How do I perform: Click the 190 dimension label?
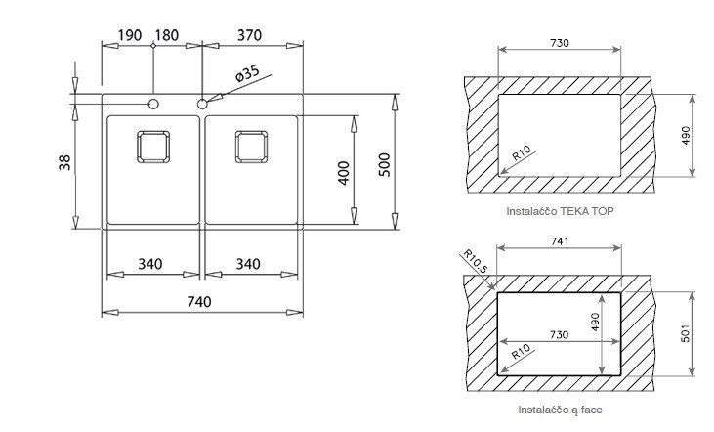tap(130, 35)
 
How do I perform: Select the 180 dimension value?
tap(167, 35)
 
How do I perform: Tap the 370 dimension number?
tap(249, 35)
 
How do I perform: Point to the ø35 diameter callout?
tap(247, 73)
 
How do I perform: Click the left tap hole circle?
tap(153, 105)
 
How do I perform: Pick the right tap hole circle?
tap(202, 105)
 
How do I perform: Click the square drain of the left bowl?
tap(153, 147)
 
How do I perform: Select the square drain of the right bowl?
tap(251, 147)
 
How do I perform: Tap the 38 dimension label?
tap(64, 162)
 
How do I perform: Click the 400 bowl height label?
tap(344, 173)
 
